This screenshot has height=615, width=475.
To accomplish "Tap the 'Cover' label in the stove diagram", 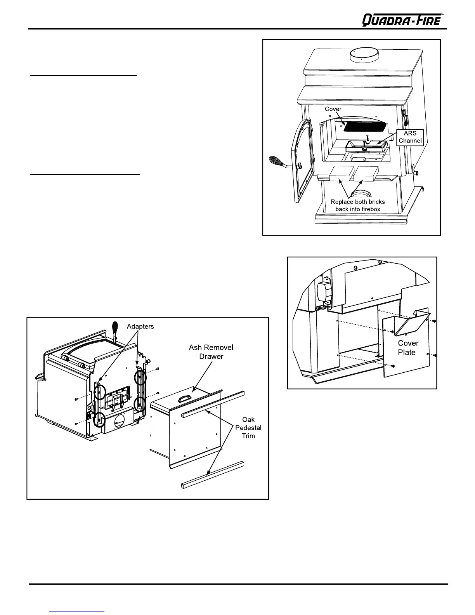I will click(333, 109).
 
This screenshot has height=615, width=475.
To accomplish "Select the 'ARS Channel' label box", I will click(410, 137).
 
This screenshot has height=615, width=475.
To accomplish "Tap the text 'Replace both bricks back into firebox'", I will click(357, 205).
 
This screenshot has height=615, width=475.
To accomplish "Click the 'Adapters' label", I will click(140, 327).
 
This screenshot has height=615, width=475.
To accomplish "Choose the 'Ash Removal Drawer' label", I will click(211, 352).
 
